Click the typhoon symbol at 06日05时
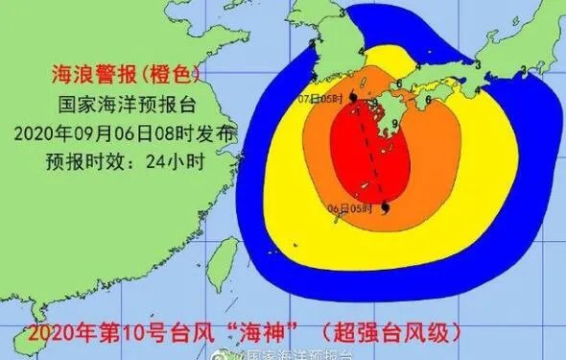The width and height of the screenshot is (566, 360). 385,207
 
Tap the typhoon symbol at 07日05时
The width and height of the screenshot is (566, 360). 355,98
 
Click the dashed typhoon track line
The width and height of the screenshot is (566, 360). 371,154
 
